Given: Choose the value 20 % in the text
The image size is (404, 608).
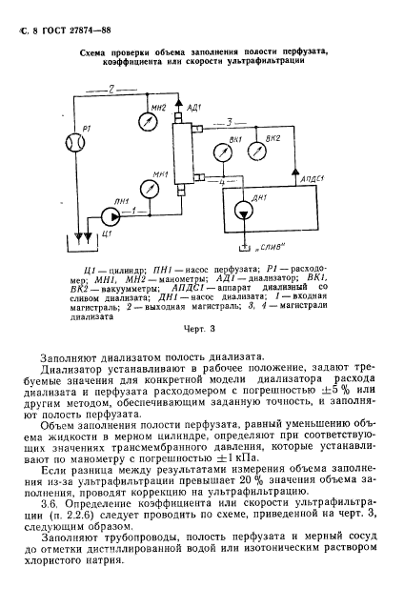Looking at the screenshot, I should (x=257, y=484).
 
